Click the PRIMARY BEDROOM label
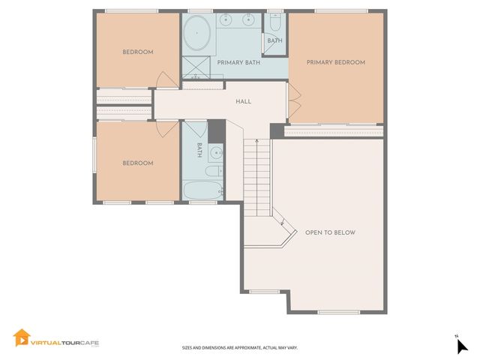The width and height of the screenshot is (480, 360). click(335, 63)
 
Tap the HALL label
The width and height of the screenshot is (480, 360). click(243, 102)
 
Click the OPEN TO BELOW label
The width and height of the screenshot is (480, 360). click(330, 232)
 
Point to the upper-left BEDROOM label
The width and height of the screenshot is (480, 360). click(138, 52)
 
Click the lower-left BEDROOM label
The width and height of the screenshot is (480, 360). click(138, 163)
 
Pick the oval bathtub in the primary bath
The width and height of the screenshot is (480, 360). click(198, 34)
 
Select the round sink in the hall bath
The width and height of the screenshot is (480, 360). click(215, 154)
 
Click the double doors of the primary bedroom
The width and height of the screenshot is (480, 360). click(293, 103)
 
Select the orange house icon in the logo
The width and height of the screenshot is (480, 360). click(21, 338)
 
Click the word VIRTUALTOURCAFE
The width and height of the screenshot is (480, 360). click(64, 343)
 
